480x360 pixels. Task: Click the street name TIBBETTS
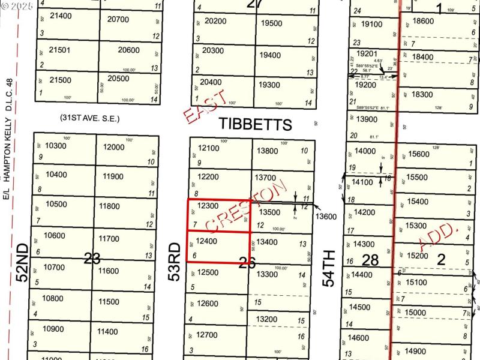pyautogui.click(x=255, y=124)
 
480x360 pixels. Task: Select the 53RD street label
pyautogui.click(x=175, y=262)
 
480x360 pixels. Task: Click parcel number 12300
pyautogui.click(x=208, y=206)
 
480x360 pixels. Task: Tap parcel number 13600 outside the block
pyautogui.click(x=326, y=216)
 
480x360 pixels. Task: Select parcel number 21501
pyautogui.click(x=60, y=50)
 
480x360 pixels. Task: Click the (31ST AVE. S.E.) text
pyautogui.click(x=89, y=119)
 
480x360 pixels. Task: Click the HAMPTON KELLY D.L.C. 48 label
pyautogui.click(x=9, y=141)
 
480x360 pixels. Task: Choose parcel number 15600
pyautogui.click(x=419, y=154)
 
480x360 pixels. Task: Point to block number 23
pyautogui.click(x=92, y=259)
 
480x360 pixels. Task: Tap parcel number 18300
pyautogui.click(x=423, y=94)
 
